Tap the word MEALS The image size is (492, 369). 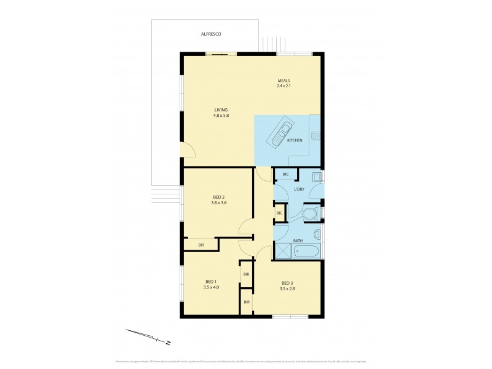(284, 81)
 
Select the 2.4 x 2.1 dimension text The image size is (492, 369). (284, 87)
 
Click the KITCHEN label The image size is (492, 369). (295, 141)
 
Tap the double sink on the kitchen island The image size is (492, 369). (284, 130)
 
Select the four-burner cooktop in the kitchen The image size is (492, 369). (316, 137)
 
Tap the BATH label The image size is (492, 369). (298, 240)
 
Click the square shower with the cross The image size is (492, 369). (282, 250)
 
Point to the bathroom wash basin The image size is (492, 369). (317, 234)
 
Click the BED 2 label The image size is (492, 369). (210, 197)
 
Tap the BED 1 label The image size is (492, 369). (210, 282)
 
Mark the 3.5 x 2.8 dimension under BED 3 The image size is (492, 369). (288, 288)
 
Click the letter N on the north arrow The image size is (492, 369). (167, 342)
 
